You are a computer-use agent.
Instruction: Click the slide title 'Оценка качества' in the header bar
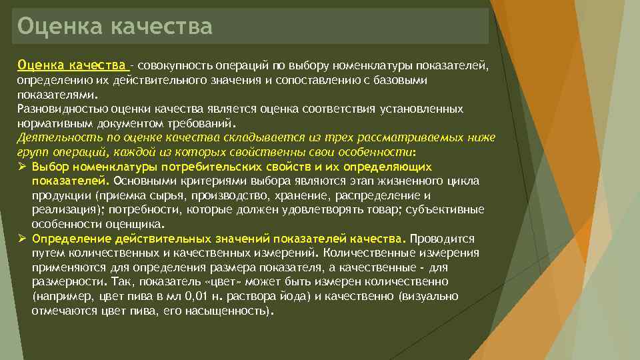pos(115,27)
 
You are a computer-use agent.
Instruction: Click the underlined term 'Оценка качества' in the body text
pos(72,65)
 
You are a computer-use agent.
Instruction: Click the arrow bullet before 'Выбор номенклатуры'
pos(21,167)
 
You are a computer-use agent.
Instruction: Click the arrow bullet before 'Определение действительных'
pos(21,239)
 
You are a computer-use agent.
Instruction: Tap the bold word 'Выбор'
pos(49,167)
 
